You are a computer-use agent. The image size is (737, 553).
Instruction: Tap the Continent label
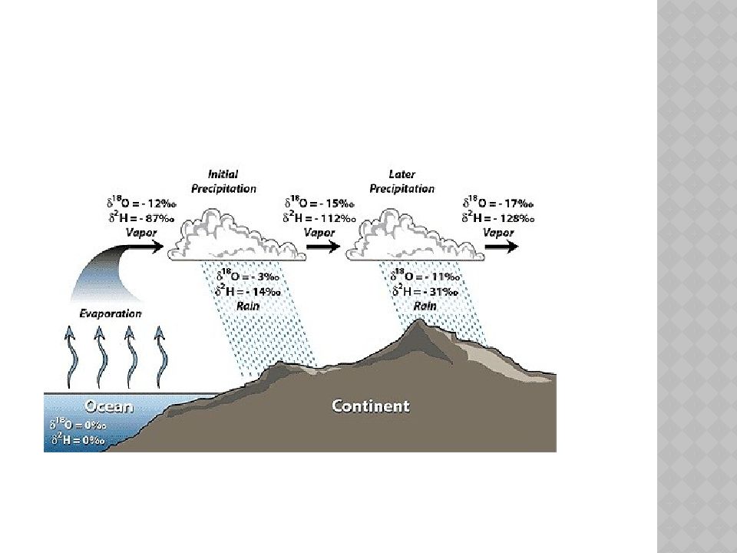click(370, 406)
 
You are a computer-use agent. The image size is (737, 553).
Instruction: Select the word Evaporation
click(111, 313)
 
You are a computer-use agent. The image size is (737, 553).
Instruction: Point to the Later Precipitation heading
click(402, 181)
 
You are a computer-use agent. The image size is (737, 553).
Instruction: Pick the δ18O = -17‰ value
click(498, 204)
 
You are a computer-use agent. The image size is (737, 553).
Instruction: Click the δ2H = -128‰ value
click(498, 218)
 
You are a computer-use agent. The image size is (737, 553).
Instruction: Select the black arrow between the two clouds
click(322, 247)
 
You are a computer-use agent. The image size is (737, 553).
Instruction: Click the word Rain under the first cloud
click(247, 305)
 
